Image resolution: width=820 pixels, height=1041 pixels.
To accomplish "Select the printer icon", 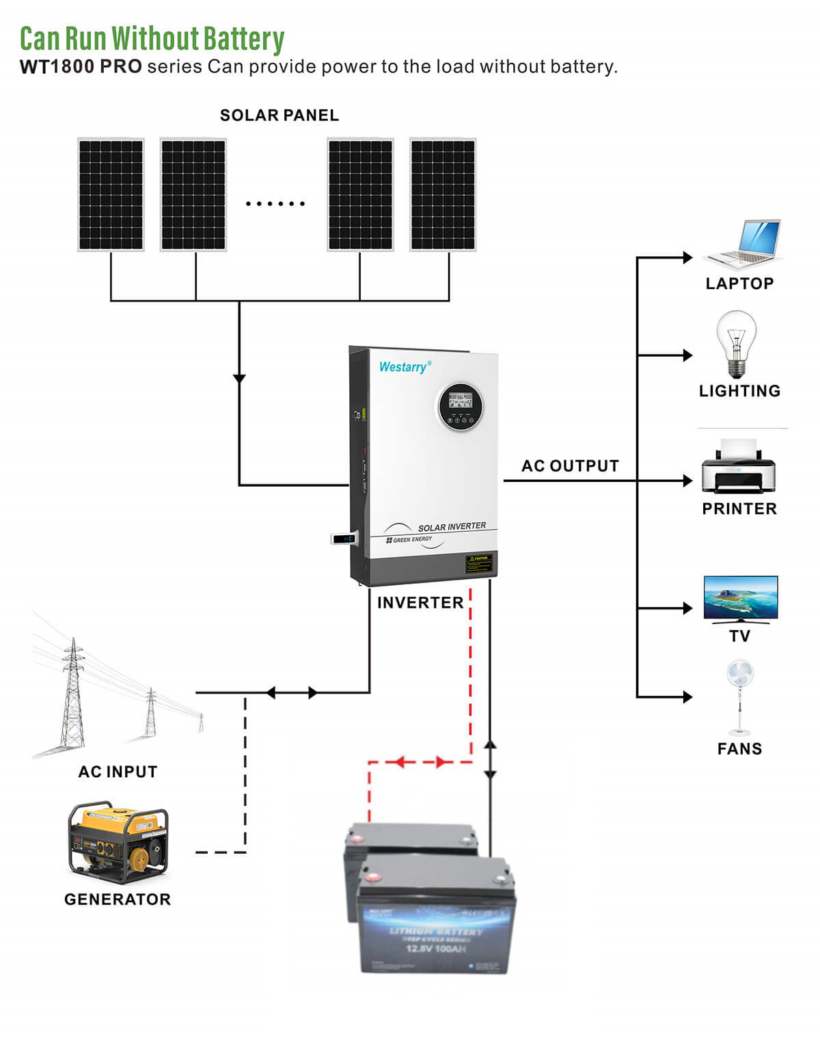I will tap(739, 468).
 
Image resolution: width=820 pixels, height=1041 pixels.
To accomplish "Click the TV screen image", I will tap(741, 597).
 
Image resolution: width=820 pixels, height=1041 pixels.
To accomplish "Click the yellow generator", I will tap(118, 842).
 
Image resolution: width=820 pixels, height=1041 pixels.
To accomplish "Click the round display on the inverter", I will tap(461, 406).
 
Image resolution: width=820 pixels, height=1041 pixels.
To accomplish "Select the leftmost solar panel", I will tap(111, 195).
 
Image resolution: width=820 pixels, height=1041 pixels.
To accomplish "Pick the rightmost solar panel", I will tap(443, 195).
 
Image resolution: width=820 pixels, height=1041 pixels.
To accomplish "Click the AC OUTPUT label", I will tap(570, 466).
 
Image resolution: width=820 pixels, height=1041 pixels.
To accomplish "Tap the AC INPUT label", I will tap(118, 772).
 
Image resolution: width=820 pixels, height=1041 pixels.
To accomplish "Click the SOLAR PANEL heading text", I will tap(279, 116).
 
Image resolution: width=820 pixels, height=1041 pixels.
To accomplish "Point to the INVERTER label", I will tap(420, 603).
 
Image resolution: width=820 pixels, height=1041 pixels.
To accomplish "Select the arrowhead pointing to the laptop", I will tap(687, 258).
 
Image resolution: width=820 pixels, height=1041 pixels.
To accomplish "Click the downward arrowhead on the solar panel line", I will tap(239, 379).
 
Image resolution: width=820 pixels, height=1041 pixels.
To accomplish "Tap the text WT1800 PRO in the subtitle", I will tap(81, 67).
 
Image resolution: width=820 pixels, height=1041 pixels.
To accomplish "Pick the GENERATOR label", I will tap(118, 900).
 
